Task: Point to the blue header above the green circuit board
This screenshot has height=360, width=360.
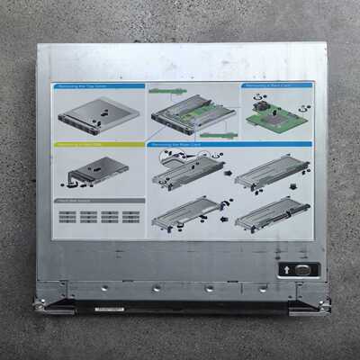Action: pyautogui.click(x=274, y=85)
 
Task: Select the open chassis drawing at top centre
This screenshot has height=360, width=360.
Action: pyautogui.click(x=192, y=112)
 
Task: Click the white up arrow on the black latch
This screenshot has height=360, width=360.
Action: pyautogui.click(x=287, y=269)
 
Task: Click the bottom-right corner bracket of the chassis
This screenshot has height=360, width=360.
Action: pyautogui.click(x=310, y=304)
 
